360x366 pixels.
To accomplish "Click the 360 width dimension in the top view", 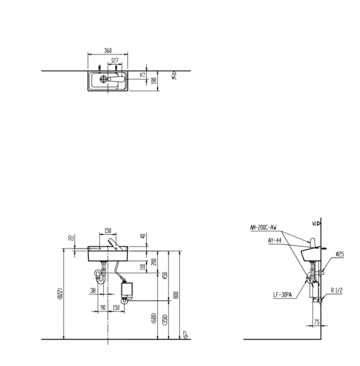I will (107, 50).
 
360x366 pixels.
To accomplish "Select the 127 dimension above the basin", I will (115, 61).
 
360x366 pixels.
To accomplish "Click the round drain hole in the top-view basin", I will (103, 79).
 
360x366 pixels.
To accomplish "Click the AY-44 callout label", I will (274, 240).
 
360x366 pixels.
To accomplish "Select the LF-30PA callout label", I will (282, 295).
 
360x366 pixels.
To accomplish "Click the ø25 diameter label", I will (340, 254).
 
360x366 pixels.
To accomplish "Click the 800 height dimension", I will (177, 295).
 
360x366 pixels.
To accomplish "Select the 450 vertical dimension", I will (165, 275).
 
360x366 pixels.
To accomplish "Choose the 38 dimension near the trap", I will (93, 292).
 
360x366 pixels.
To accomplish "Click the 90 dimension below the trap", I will (103, 307).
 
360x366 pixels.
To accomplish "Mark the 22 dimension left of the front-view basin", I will (71, 237).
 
